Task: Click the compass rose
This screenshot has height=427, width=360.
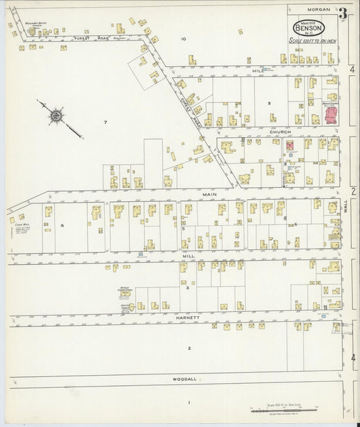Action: (x=56, y=116)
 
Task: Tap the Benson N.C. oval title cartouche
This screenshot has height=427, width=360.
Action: (x=309, y=28)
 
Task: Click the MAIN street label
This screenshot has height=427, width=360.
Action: (x=208, y=194)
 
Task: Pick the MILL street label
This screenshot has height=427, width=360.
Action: (x=188, y=257)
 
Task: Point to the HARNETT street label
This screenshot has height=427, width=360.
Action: (x=189, y=317)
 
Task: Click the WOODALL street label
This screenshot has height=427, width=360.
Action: (x=184, y=379)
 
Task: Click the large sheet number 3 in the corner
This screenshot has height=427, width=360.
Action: (x=343, y=13)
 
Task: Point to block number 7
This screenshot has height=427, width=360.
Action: (x=105, y=122)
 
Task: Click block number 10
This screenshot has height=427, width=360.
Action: (x=183, y=39)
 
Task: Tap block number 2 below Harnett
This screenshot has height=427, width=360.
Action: (x=190, y=349)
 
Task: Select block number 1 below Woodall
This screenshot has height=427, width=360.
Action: (x=190, y=403)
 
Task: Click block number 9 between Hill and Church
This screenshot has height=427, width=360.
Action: (x=268, y=103)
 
